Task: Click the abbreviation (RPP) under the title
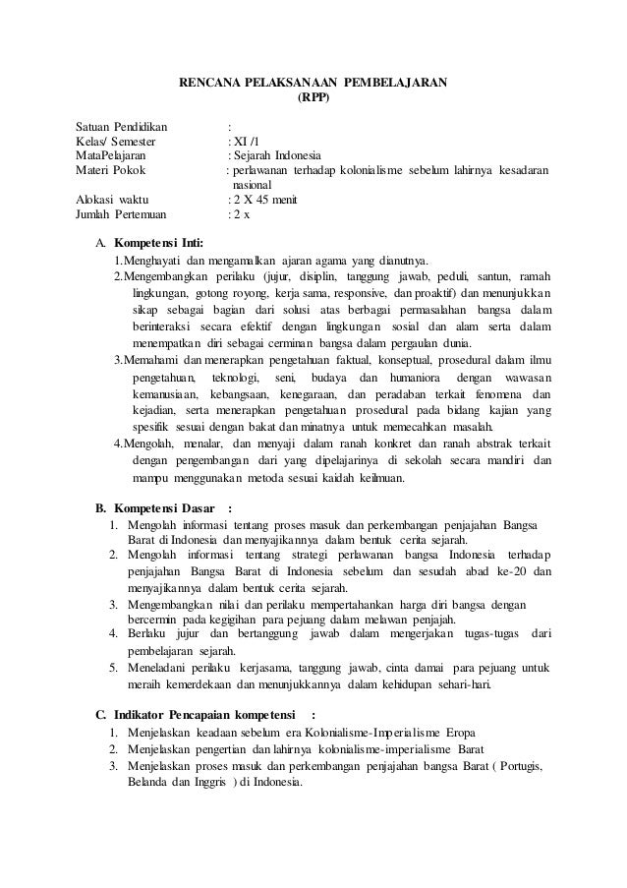pyautogui.click(x=313, y=97)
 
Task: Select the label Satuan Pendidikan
pyautogui.click(x=122, y=127)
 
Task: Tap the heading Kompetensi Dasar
pyautogui.click(x=161, y=508)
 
